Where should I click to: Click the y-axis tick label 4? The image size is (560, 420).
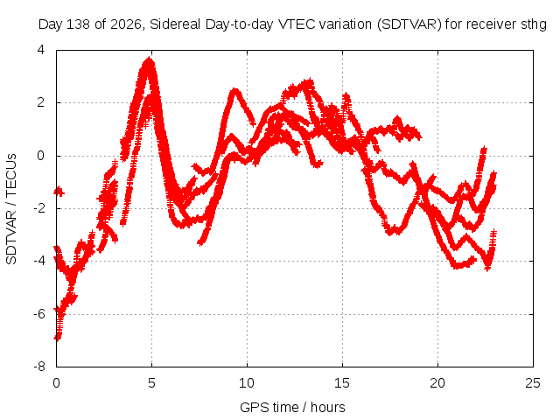pyautogui.click(x=41, y=50)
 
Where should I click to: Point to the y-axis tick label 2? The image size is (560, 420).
pyautogui.click(x=41, y=103)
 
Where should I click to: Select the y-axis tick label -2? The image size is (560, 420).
pyautogui.click(x=39, y=208)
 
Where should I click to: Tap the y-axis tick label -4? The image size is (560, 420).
pyautogui.click(x=39, y=261)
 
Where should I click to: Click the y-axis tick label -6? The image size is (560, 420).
pyautogui.click(x=39, y=314)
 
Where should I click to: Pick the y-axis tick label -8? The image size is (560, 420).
pyautogui.click(x=39, y=367)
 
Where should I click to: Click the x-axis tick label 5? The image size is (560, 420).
pyautogui.click(x=151, y=383)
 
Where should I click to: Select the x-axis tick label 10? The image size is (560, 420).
pyautogui.click(x=247, y=383)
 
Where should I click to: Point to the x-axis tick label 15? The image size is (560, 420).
pyautogui.click(x=342, y=383)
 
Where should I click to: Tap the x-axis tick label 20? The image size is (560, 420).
pyautogui.click(x=437, y=383)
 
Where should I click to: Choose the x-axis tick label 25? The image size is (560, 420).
pyautogui.click(x=533, y=383)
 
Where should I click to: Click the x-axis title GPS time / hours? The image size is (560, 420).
pyautogui.click(x=292, y=408)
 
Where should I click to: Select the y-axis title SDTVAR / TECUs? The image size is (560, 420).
pyautogui.click(x=11, y=209)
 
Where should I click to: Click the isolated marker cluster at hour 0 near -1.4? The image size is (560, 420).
pyautogui.click(x=59, y=192)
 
